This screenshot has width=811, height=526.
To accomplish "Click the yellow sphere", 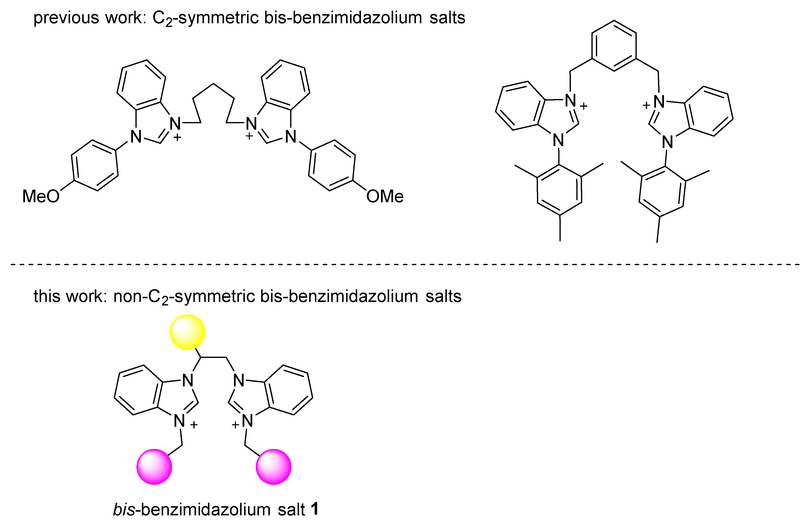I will coord(187,332).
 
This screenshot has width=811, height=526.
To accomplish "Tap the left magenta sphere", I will coord(154,467).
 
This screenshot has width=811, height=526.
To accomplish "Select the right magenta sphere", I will coord(274,467).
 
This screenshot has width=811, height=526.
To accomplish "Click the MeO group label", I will coord(41,197).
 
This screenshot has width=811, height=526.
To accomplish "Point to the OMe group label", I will coord(385,197).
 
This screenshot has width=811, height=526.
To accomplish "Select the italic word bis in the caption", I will coord(124,510).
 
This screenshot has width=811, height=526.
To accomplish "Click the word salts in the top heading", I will coord(447,18).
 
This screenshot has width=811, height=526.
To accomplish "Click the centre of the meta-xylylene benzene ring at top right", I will coord(614,46).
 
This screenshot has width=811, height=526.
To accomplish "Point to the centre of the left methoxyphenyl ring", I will coord(95,165).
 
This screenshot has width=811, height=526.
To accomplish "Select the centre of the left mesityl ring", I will coord(559,190).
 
